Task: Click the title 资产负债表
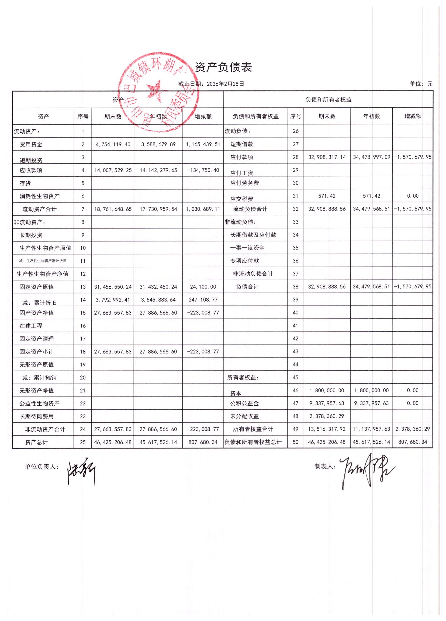(223, 67)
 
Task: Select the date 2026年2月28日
(225, 84)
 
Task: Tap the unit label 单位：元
(421, 84)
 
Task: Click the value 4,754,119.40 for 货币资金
(113, 144)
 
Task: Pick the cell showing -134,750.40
(203, 170)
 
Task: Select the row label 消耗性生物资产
(39, 196)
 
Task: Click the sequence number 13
(83, 287)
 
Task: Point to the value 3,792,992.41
(113, 300)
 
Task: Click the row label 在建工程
(31, 326)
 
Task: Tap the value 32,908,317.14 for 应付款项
(327, 157)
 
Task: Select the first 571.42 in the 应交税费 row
(327, 196)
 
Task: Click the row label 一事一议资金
(247, 248)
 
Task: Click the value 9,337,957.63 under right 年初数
(371, 403)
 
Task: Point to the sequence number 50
(295, 442)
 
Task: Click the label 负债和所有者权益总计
(253, 442)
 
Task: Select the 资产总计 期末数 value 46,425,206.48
(113, 442)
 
